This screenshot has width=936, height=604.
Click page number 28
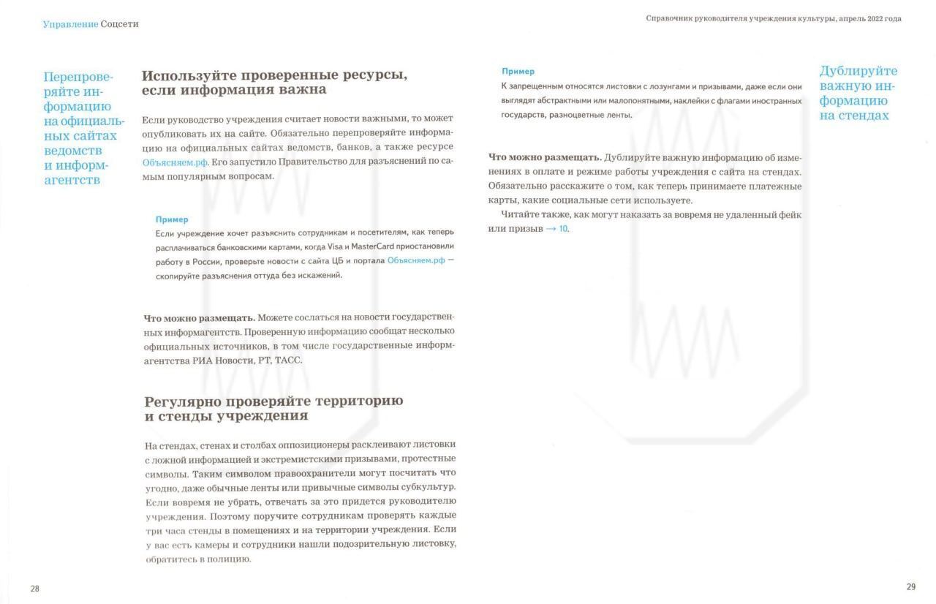[35, 589]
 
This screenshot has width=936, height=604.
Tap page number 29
[910, 586]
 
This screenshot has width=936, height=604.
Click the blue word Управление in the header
[70, 24]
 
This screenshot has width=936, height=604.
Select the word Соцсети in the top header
[119, 24]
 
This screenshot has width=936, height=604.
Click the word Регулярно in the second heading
[182, 401]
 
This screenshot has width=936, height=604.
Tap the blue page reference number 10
[563, 229]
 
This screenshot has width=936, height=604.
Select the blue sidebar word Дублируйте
[858, 71]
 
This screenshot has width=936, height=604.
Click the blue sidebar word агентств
[72, 180]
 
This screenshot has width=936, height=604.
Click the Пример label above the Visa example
[172, 219]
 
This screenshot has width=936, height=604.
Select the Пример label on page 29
[518, 72]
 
